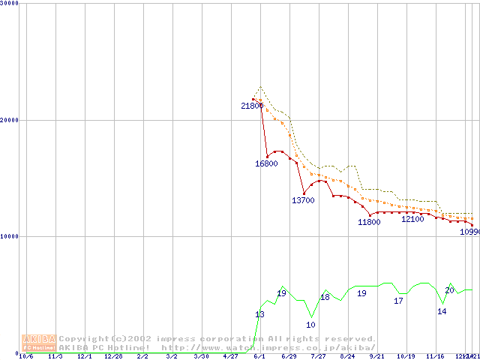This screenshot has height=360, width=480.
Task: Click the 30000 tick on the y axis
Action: pyautogui.click(x=10, y=3)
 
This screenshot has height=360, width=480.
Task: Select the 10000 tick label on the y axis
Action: pyautogui.click(x=10, y=236)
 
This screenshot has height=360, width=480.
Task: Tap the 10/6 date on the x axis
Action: pyautogui.click(x=26, y=356)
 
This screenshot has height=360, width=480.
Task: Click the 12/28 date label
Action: pyautogui.click(x=113, y=356)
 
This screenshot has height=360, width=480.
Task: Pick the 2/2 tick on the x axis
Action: pyautogui.click(x=142, y=356)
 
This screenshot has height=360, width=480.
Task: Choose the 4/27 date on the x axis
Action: pyautogui.click(x=230, y=356)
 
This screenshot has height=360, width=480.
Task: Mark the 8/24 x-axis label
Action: pyautogui.click(x=347, y=356)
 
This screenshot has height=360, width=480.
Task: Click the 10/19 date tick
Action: pyautogui.click(x=406, y=356)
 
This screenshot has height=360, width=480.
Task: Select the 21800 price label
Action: pyautogui.click(x=252, y=106)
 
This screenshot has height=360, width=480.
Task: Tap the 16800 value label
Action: pyautogui.click(x=267, y=163)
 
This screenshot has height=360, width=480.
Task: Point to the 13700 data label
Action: pyautogui.click(x=303, y=200)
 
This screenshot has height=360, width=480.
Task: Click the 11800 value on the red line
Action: pyautogui.click(x=369, y=222)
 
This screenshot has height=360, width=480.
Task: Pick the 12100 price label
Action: pyautogui.click(x=412, y=220)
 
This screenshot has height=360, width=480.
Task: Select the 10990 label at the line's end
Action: pyautogui.click(x=469, y=232)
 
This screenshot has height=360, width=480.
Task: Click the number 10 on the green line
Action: pyautogui.click(x=310, y=325)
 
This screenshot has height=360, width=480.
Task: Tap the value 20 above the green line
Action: pyautogui.click(x=449, y=290)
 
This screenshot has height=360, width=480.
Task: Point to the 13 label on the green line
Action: pyautogui.click(x=259, y=315)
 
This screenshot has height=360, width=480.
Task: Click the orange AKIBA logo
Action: pyautogui.click(x=40, y=342)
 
